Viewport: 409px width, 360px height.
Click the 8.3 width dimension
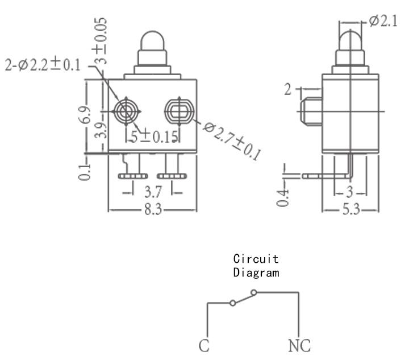153,209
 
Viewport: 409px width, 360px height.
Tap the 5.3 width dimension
351,209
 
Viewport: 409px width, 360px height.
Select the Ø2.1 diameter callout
383,21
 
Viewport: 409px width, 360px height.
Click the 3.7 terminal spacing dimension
153,192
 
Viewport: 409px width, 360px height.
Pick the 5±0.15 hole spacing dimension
155,136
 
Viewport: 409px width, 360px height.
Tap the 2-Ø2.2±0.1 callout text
43,65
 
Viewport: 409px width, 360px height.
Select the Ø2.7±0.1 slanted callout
232,141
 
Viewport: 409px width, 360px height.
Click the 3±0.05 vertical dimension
101,41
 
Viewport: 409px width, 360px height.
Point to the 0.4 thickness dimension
283,198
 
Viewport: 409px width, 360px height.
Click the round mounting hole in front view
126,111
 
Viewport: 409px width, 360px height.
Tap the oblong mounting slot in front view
179,111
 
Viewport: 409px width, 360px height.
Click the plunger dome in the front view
153,40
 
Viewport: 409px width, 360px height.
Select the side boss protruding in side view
311,111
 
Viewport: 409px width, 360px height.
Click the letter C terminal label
204,345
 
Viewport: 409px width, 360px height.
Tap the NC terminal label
299,345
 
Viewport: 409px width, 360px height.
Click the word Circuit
256,259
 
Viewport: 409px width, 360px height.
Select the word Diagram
256,272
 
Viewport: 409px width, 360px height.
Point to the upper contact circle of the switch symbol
254,292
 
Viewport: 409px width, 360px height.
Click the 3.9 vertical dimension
101,131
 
